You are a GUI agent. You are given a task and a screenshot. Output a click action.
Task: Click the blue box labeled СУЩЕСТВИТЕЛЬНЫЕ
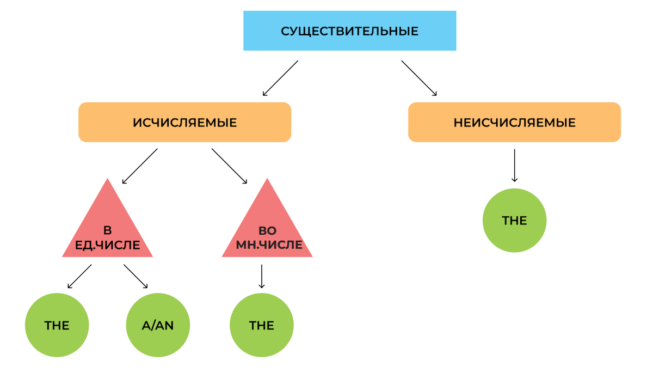(349, 31)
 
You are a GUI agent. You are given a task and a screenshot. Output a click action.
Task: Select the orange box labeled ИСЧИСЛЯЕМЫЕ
(185, 123)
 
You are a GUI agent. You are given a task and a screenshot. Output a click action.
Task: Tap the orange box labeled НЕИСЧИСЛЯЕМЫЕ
(514, 123)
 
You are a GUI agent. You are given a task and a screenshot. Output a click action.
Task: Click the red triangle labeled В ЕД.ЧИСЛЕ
(107, 229)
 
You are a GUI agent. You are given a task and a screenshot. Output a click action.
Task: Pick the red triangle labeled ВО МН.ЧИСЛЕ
(267, 229)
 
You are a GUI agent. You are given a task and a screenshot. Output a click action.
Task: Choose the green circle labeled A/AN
(158, 326)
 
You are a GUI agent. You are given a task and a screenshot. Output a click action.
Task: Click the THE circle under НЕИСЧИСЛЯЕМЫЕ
(514, 221)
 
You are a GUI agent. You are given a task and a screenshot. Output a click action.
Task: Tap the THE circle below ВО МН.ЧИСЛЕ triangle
(262, 326)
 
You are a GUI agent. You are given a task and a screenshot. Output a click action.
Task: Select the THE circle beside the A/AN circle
(57, 326)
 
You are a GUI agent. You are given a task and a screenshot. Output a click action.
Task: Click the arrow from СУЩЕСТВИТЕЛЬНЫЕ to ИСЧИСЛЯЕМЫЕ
(280, 78)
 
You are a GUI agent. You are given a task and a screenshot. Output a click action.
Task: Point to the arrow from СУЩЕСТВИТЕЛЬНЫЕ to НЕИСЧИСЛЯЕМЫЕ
(419, 78)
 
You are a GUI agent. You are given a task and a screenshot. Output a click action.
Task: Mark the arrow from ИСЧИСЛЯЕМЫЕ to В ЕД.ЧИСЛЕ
(140, 166)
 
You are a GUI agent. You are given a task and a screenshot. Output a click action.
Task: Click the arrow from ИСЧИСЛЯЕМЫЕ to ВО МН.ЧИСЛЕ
(230, 166)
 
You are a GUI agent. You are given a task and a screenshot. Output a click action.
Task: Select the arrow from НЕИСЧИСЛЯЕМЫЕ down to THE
(514, 165)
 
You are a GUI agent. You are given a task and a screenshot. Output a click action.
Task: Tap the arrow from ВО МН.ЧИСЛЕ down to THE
(262, 276)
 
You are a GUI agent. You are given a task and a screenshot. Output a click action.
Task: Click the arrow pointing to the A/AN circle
(135, 276)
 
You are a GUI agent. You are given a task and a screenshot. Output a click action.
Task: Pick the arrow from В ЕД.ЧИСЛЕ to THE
(79, 276)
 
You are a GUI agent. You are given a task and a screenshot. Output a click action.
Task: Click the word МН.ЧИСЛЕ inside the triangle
(269, 245)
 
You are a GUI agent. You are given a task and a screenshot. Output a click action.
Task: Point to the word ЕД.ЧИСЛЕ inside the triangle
(107, 246)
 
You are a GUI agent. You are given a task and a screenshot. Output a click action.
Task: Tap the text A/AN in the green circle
(158, 326)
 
